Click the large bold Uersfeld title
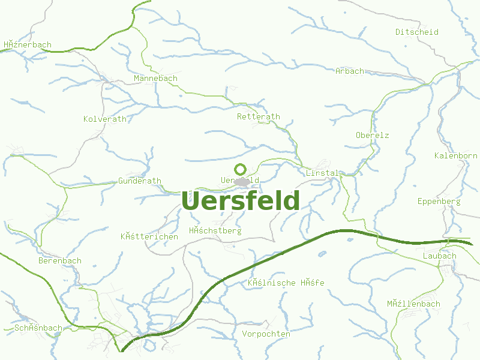(240, 201)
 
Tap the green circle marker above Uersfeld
(240, 169)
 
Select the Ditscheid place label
(417, 32)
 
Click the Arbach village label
(350, 71)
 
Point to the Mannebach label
(155, 79)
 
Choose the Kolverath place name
(105, 119)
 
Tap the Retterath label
(259, 116)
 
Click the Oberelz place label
(372, 135)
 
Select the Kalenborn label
(456, 156)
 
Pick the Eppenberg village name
(439, 201)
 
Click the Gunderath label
(140, 181)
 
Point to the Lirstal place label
(322, 173)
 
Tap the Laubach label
(439, 256)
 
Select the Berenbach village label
(59, 261)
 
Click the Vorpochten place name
(266, 334)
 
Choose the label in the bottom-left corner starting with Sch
(38, 328)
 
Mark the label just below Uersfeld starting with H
(215, 230)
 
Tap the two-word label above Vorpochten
(286, 282)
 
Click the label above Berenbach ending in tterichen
(149, 236)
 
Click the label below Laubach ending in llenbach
(413, 304)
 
